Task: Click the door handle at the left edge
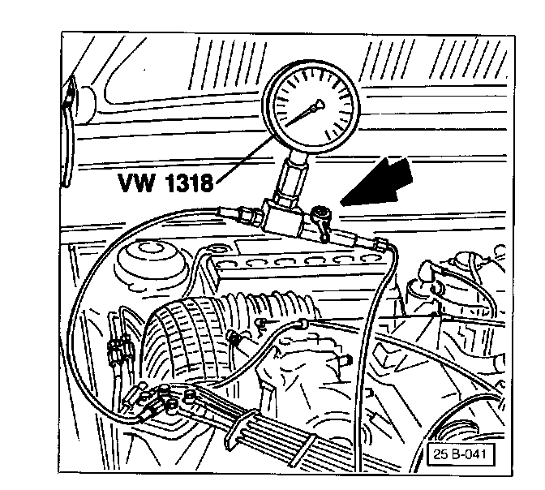point(67,101)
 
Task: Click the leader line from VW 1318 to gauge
point(243,159)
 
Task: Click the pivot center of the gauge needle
point(316,105)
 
